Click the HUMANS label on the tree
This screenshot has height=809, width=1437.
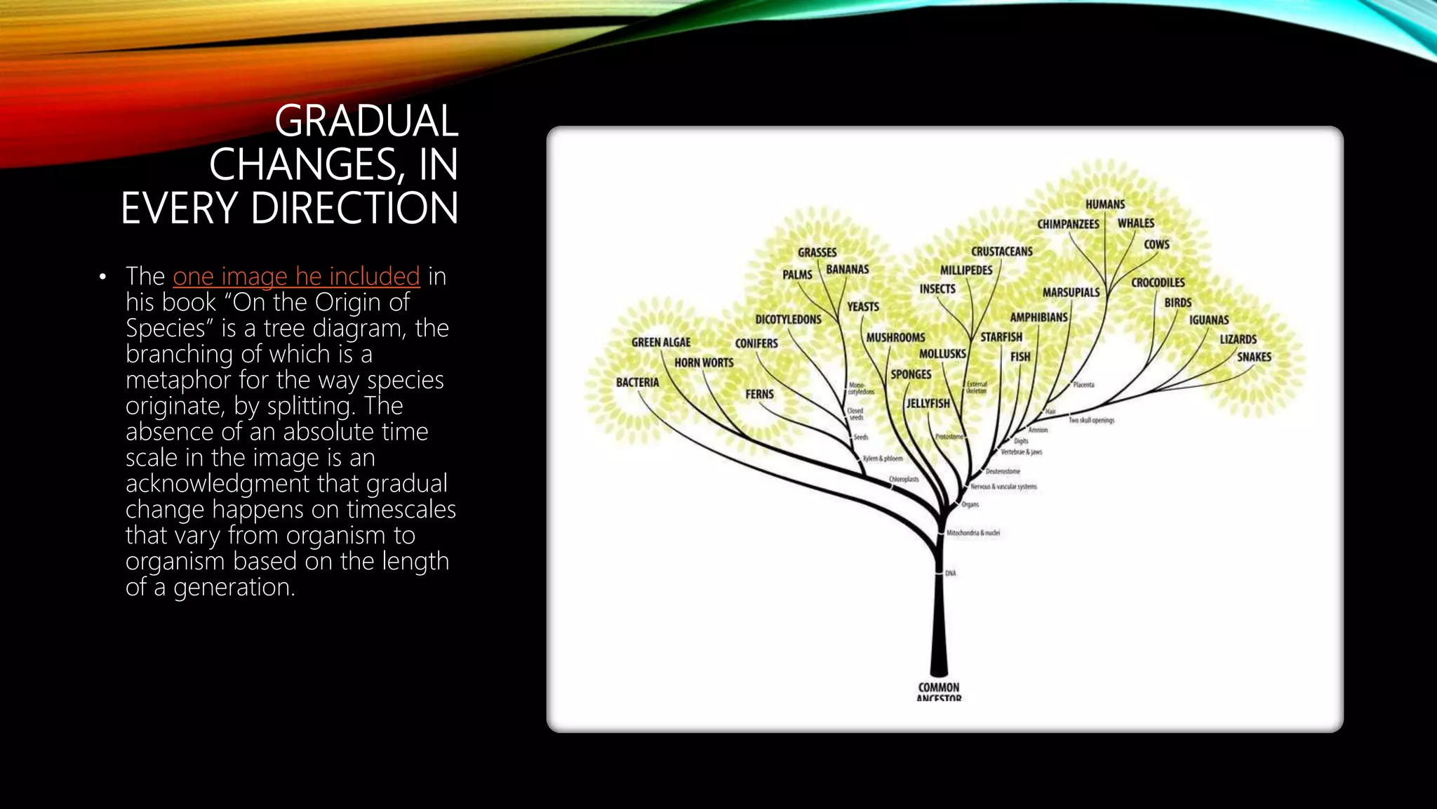[x=1105, y=204]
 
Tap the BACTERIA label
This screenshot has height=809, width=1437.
[x=637, y=383]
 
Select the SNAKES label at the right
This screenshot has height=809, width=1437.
[x=1254, y=357]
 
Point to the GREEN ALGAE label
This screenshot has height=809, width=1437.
[x=661, y=343]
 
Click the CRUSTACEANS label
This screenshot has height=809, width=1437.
[x=1001, y=251]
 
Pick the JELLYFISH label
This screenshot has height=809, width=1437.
[x=928, y=404]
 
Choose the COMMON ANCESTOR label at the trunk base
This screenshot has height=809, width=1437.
[x=939, y=692]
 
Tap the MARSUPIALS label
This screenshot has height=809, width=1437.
[x=1071, y=292]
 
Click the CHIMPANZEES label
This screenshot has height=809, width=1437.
[x=1068, y=224]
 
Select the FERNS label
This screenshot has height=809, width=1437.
[x=759, y=395]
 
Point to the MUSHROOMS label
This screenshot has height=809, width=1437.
[x=895, y=338]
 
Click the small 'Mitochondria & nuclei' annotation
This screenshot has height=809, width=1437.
[x=973, y=533]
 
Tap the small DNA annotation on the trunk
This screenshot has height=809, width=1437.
[x=950, y=574]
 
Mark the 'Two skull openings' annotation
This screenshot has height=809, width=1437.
[x=1091, y=421]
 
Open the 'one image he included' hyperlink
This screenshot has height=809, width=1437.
[x=296, y=277]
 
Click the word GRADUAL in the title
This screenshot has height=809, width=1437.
[x=366, y=121]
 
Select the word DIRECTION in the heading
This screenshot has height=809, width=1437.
[x=354, y=208]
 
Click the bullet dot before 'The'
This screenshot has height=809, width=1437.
[x=103, y=277]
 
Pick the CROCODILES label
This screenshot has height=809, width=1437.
[x=1158, y=282]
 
